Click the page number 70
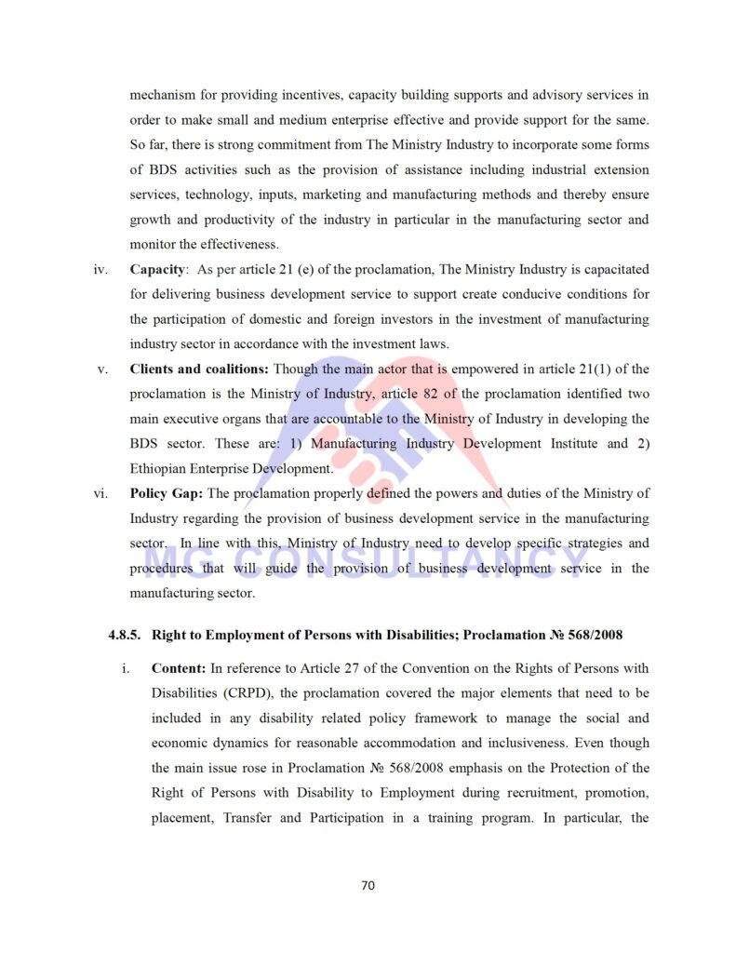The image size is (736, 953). pyautogui.click(x=368, y=885)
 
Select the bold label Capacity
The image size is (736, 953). pyautogui.click(x=156, y=269)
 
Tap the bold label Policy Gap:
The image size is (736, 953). pyautogui.click(x=167, y=492)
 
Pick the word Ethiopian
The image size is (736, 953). pyautogui.click(x=158, y=468)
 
